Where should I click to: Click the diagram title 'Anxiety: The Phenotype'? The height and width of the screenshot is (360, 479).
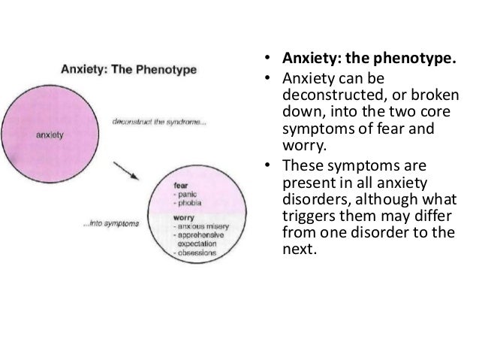click(x=128, y=70)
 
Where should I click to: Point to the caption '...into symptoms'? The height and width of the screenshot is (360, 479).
click(x=113, y=222)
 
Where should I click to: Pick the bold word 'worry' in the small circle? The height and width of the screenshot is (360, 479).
click(x=184, y=217)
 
